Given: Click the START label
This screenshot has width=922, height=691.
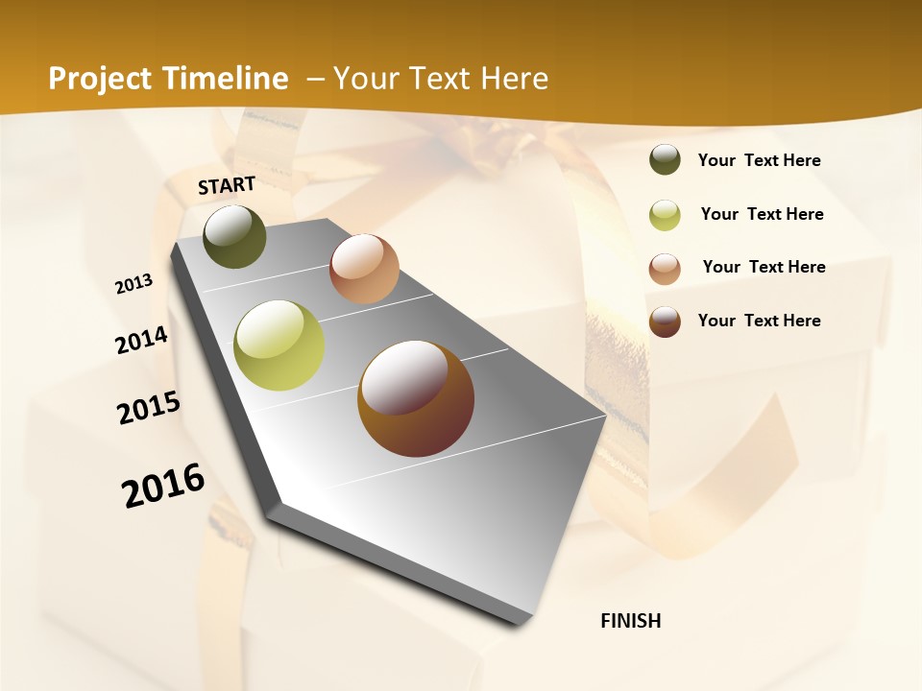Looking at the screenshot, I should [x=227, y=185].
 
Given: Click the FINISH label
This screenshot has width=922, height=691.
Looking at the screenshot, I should [x=631, y=621].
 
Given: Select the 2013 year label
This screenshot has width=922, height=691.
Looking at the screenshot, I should [x=134, y=284].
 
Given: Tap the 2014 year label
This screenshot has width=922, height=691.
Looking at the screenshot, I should [x=142, y=340].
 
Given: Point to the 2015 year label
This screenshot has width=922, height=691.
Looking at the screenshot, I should [x=149, y=408].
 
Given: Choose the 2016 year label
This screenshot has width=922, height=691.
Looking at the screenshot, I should [x=164, y=486].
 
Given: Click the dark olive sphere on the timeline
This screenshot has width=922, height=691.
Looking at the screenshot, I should [x=234, y=236].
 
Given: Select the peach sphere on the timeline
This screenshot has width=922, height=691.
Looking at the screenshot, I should [x=364, y=269].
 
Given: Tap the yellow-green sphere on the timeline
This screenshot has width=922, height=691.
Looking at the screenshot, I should [x=279, y=345].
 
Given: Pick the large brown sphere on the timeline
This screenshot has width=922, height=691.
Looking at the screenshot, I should [x=416, y=398].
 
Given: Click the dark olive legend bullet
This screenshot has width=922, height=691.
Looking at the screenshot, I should [x=665, y=160].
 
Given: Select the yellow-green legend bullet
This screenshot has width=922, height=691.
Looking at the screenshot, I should [x=665, y=214].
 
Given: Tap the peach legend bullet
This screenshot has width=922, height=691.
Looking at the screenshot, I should [x=665, y=268].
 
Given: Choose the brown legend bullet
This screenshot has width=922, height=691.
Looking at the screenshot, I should [x=665, y=322].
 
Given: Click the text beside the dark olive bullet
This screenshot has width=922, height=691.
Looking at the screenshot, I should [x=760, y=160].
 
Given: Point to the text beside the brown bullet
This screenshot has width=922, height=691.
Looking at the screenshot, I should [x=760, y=321].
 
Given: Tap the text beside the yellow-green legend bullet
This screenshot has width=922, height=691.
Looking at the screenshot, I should [x=763, y=214].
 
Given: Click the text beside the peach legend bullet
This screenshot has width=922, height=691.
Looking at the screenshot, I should [x=764, y=267].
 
